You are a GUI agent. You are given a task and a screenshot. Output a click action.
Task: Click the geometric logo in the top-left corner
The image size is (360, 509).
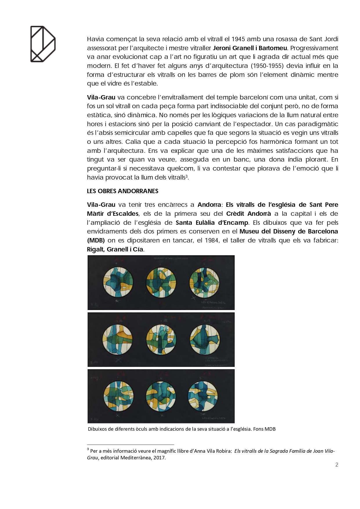(43, 44)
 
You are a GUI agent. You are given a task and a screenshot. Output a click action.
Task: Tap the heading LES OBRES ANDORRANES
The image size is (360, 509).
(123, 191)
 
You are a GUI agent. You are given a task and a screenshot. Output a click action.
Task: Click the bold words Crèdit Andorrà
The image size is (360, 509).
(249, 214)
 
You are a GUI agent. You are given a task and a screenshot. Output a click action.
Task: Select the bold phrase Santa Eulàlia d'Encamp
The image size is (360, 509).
(212, 223)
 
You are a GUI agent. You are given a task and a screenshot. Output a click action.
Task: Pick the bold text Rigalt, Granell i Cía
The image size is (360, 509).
(115, 249)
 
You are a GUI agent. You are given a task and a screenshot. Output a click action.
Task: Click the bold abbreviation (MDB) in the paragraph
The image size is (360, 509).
(96, 240)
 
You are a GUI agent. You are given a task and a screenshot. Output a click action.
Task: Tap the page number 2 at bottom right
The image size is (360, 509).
(337, 465)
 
